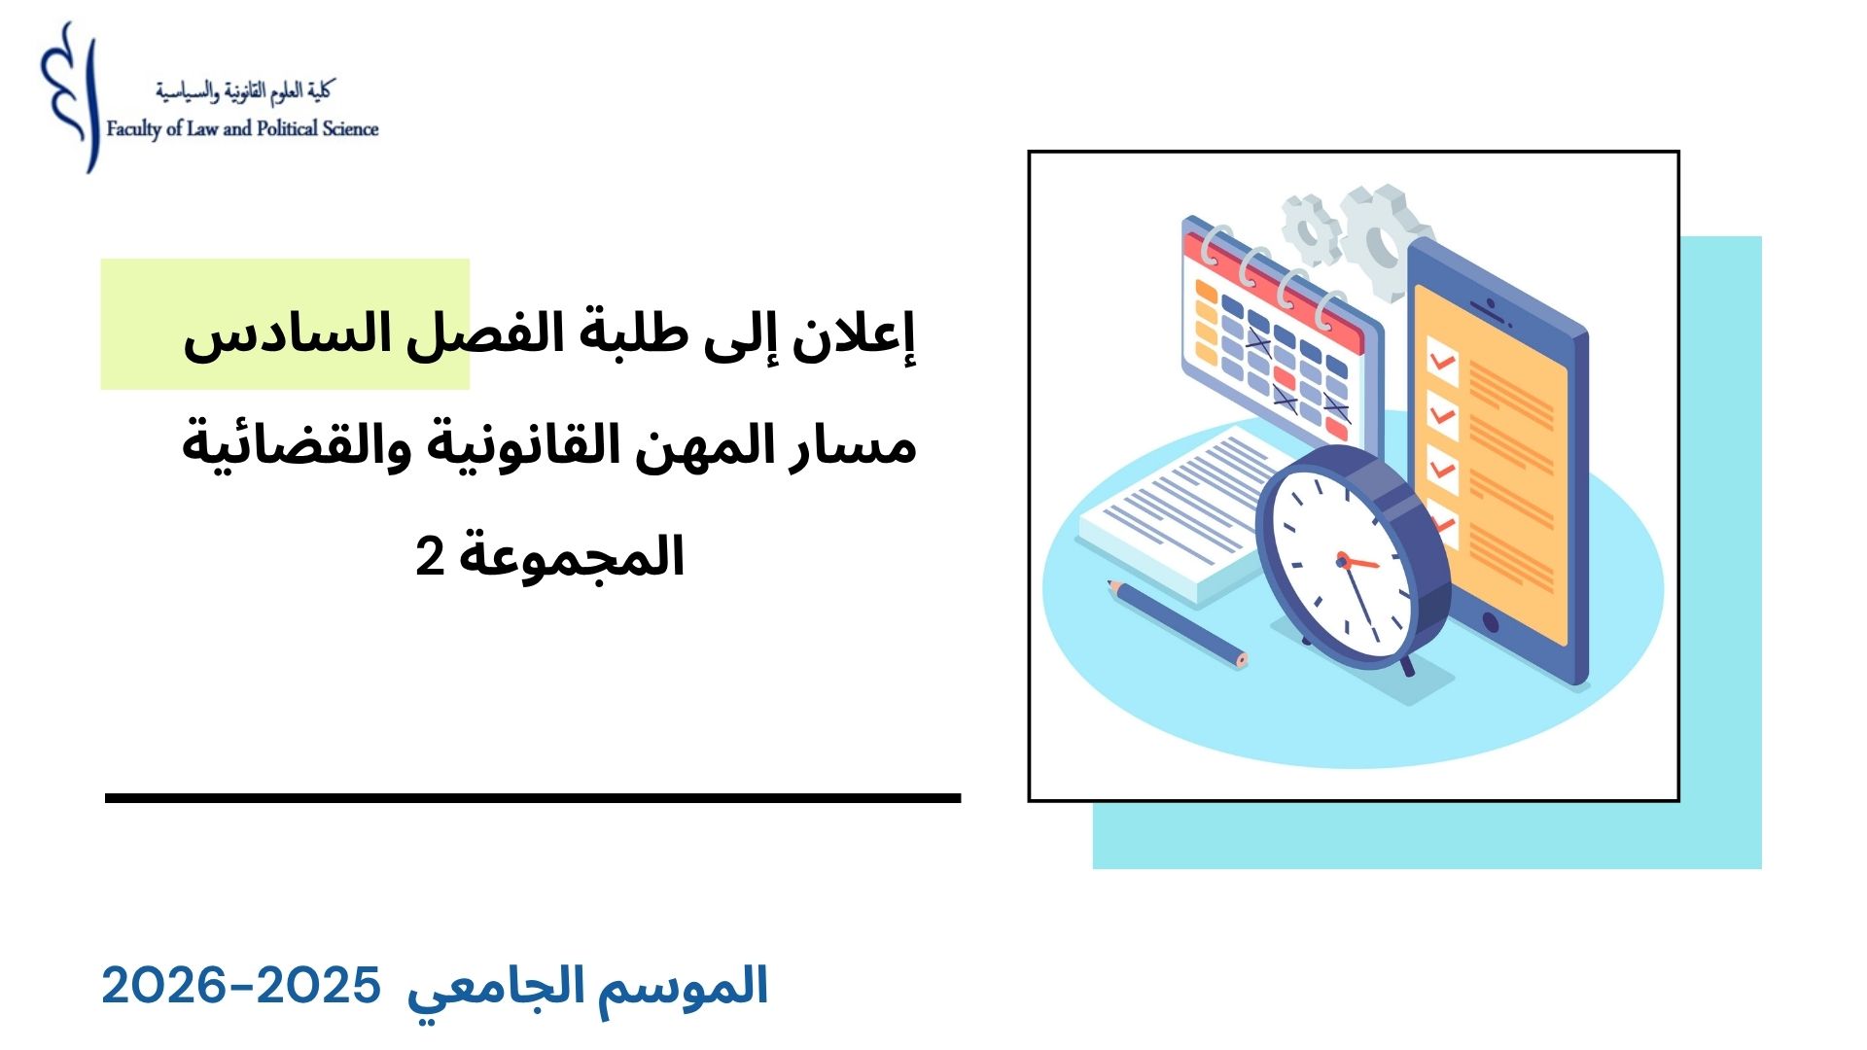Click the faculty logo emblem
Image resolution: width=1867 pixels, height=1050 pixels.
tap(71, 97)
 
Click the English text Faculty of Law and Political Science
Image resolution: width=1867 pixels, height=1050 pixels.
tap(242, 129)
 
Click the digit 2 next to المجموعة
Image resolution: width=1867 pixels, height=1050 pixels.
tap(430, 557)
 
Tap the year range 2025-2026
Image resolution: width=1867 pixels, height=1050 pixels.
tap(241, 986)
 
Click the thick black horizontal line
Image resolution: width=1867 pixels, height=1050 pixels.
tap(533, 798)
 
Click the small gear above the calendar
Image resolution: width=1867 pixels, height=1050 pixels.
tap(1311, 229)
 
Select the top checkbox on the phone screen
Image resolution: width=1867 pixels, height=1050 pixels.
tap(1443, 362)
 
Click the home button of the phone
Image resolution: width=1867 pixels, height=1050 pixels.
tap(1489, 621)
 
